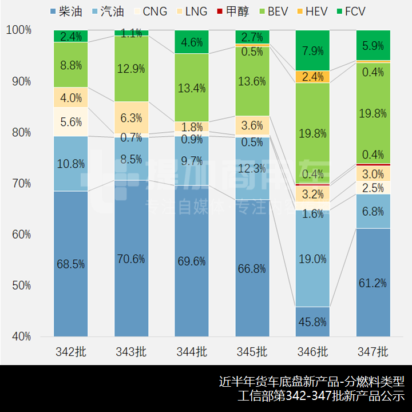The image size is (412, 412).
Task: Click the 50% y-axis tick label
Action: tap(21, 286)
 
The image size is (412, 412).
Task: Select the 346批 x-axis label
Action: tap(313, 351)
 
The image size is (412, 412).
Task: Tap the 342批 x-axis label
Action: tap(71, 351)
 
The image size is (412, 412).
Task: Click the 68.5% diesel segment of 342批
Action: tap(71, 264)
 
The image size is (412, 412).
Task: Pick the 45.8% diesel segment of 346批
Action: tap(313, 322)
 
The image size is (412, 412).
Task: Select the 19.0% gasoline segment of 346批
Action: tap(313, 258)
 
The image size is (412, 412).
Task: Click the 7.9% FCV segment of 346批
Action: tap(313, 50)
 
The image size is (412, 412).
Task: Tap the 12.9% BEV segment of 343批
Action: tap(132, 69)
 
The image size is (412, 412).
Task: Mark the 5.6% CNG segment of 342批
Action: tap(71, 122)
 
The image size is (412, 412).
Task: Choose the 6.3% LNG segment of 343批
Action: tap(132, 118)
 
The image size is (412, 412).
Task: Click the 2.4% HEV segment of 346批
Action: tap(313, 77)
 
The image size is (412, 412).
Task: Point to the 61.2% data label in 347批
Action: tap(373, 283)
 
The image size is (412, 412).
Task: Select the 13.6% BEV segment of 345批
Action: tap(252, 81)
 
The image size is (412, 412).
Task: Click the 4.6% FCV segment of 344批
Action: tap(192, 42)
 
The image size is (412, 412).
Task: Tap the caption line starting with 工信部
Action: tap(321, 396)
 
